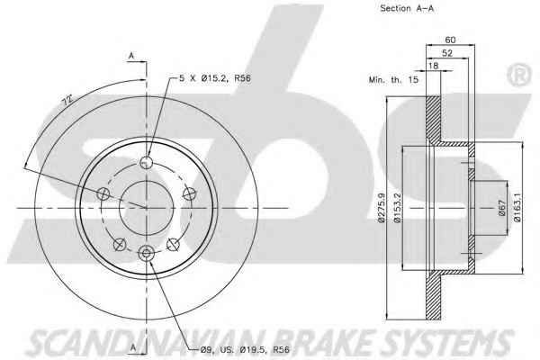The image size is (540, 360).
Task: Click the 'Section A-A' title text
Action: [x=407, y=9]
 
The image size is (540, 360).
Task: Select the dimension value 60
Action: [x=450, y=40]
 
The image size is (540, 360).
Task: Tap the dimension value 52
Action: [x=447, y=53]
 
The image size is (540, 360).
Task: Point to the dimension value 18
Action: [x=434, y=66]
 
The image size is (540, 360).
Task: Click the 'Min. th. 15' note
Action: [x=393, y=80]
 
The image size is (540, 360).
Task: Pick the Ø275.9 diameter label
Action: [x=382, y=208]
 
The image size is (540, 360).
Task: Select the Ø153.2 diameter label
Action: [x=398, y=208]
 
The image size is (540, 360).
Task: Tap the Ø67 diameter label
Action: [x=502, y=208]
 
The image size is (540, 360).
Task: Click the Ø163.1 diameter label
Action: [x=517, y=207]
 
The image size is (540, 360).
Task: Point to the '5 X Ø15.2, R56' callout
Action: [x=215, y=78]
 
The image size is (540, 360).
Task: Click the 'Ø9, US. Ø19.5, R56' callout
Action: [x=245, y=350]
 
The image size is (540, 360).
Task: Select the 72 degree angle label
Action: [x=67, y=100]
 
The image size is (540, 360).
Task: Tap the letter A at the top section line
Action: [x=131, y=55]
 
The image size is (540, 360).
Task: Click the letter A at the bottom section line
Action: [x=133, y=348]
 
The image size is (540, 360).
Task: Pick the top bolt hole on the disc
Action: [x=147, y=162]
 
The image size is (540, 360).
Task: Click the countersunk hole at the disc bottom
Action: [x=147, y=254]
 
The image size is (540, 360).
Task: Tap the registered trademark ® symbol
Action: [x=518, y=75]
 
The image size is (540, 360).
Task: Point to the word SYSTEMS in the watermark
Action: [x=446, y=342]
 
